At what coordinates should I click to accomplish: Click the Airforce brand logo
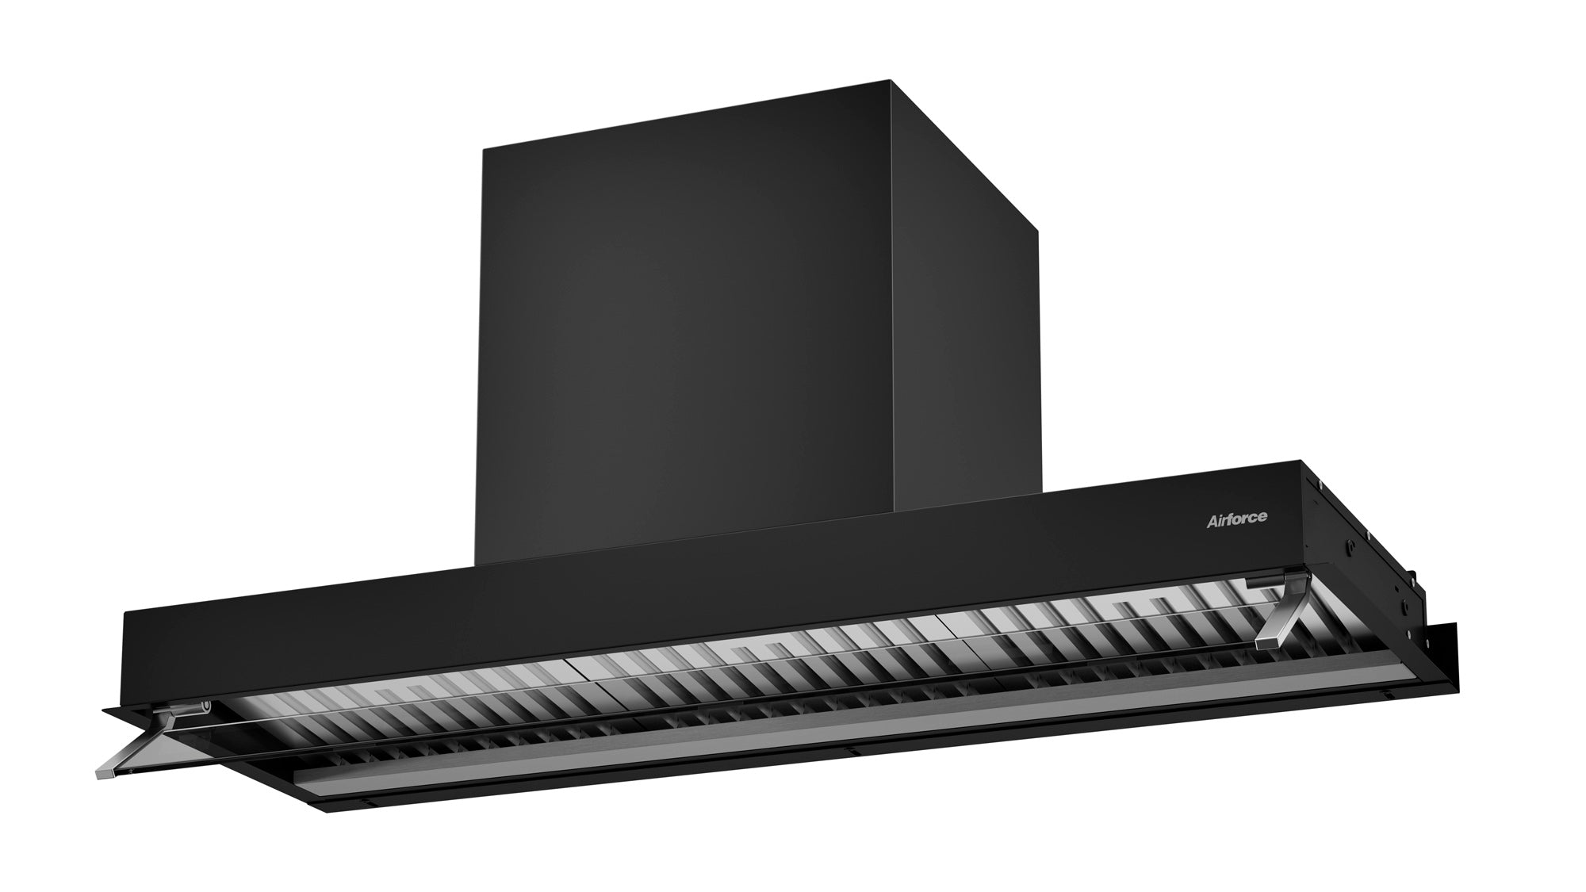pyautogui.click(x=1236, y=519)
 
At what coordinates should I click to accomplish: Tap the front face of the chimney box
pyautogui.click(x=682, y=333)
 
